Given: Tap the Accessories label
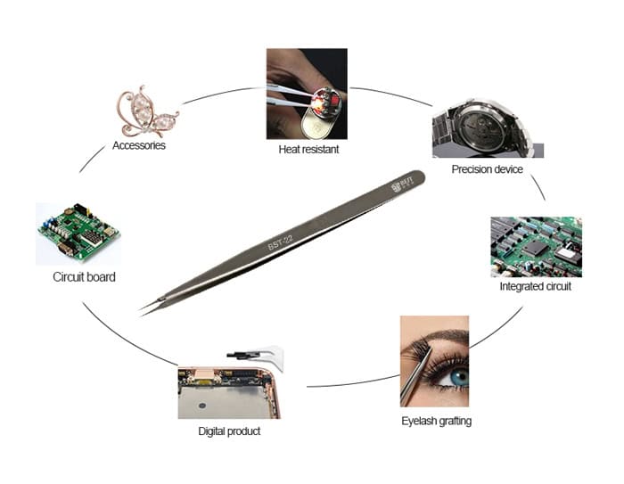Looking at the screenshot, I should pos(139,145).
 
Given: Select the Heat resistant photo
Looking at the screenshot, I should pos(307,93).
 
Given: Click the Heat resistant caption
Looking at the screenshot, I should pos(308,150).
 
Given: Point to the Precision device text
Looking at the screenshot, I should pos(487,169).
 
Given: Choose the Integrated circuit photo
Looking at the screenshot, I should pos(536,246).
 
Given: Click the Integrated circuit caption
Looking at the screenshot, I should pos(536,287).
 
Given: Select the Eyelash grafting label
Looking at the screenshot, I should pos(436,420).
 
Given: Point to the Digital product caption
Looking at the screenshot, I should pos(229,431).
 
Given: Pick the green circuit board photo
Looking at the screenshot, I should pos(78,234).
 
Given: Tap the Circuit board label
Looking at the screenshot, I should pos(84,277).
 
